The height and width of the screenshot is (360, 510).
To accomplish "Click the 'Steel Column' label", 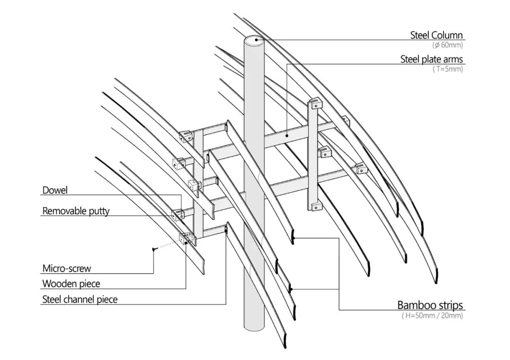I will [436, 35].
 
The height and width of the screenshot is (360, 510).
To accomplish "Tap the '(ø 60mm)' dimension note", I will [447, 45].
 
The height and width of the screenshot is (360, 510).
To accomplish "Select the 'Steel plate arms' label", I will [432, 59].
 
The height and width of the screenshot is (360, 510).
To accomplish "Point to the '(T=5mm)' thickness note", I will [448, 69].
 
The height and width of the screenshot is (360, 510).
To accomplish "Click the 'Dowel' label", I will [55, 190].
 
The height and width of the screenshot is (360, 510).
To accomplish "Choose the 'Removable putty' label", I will [76, 210].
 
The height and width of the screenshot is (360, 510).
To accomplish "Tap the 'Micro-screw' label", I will [67, 268].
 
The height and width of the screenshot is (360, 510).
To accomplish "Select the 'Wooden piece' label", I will [71, 284].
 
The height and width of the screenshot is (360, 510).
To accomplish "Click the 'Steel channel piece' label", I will [80, 299].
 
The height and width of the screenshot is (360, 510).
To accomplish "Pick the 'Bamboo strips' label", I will [430, 305].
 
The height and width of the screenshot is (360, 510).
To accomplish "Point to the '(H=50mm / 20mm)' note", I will [432, 316].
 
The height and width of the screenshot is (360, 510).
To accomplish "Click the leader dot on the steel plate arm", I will [288, 135].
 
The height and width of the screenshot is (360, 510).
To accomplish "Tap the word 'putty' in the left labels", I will [100, 211].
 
